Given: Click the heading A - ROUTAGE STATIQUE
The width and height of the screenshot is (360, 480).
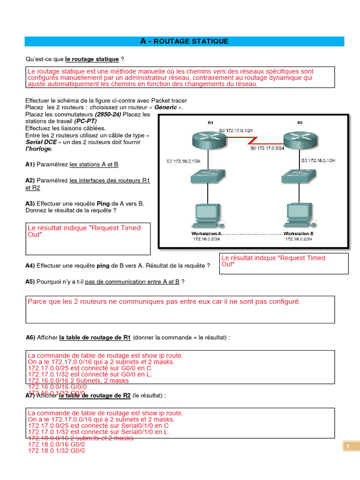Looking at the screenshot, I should click(184, 41).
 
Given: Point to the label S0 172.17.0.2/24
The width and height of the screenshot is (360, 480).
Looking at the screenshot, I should click(268, 149).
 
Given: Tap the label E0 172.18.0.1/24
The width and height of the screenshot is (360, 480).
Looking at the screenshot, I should click(318, 160).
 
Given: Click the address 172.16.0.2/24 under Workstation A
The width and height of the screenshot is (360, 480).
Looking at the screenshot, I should click(206, 239).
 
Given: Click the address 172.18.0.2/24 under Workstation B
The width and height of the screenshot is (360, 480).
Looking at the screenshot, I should click(299, 239).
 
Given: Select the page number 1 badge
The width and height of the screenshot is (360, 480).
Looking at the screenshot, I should click(348, 447).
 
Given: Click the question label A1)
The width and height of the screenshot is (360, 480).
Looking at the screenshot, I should click(30, 165).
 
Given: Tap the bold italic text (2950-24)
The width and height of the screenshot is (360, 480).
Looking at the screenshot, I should click(108, 114).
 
